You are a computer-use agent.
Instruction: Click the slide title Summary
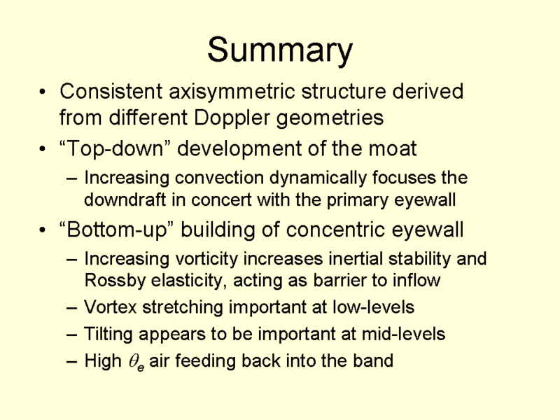pyautogui.click(x=280, y=50)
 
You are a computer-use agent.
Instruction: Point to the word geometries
pyautogui.click(x=330, y=118)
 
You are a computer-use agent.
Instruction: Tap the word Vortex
pyautogui.click(x=111, y=307)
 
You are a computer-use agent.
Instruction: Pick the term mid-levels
pyautogui.click(x=403, y=334)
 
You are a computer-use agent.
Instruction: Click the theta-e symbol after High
pyautogui.click(x=136, y=362)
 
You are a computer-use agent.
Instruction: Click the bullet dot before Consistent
pyautogui.click(x=43, y=92)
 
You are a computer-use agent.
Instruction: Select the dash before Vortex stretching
pyautogui.click(x=72, y=307)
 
